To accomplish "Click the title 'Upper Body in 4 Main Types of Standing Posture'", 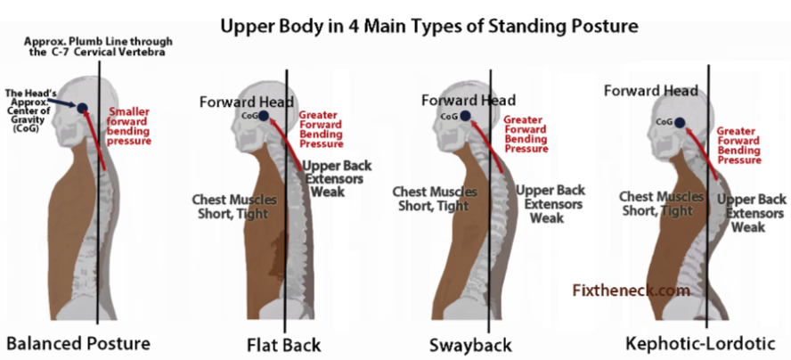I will [429, 26].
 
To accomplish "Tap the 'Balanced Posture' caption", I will [78, 342].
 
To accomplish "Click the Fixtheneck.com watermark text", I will [631, 290].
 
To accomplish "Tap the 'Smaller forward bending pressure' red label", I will [129, 126].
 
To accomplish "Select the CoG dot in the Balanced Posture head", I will [82, 109].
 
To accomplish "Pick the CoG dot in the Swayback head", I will [465, 116].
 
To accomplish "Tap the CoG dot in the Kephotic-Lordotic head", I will [679, 122].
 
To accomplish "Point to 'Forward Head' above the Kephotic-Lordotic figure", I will [649, 90].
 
